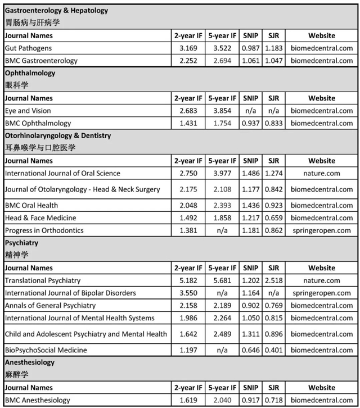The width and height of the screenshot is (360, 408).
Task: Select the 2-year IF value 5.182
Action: [x=187, y=280]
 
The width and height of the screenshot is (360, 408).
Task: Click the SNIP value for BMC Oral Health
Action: [x=251, y=205]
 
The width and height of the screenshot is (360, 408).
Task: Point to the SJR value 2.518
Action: [x=274, y=280]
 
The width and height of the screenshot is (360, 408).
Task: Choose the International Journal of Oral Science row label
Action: [x=62, y=174]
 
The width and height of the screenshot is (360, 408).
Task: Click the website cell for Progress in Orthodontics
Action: [x=322, y=230]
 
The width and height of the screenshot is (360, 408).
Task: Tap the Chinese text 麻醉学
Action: [x=16, y=374]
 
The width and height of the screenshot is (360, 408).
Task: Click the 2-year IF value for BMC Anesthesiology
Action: [x=187, y=400]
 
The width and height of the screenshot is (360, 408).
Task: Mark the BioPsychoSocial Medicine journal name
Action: [x=46, y=350]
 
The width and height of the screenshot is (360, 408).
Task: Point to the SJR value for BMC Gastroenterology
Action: [x=274, y=61]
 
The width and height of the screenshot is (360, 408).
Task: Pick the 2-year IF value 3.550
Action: [x=187, y=293]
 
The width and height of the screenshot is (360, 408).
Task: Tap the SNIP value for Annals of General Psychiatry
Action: [x=251, y=305]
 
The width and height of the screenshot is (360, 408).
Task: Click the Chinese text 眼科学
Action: [x=16, y=85]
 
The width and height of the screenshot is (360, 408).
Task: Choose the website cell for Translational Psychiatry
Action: [x=322, y=280]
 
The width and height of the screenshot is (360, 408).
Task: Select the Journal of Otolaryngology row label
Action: [x=82, y=189]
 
